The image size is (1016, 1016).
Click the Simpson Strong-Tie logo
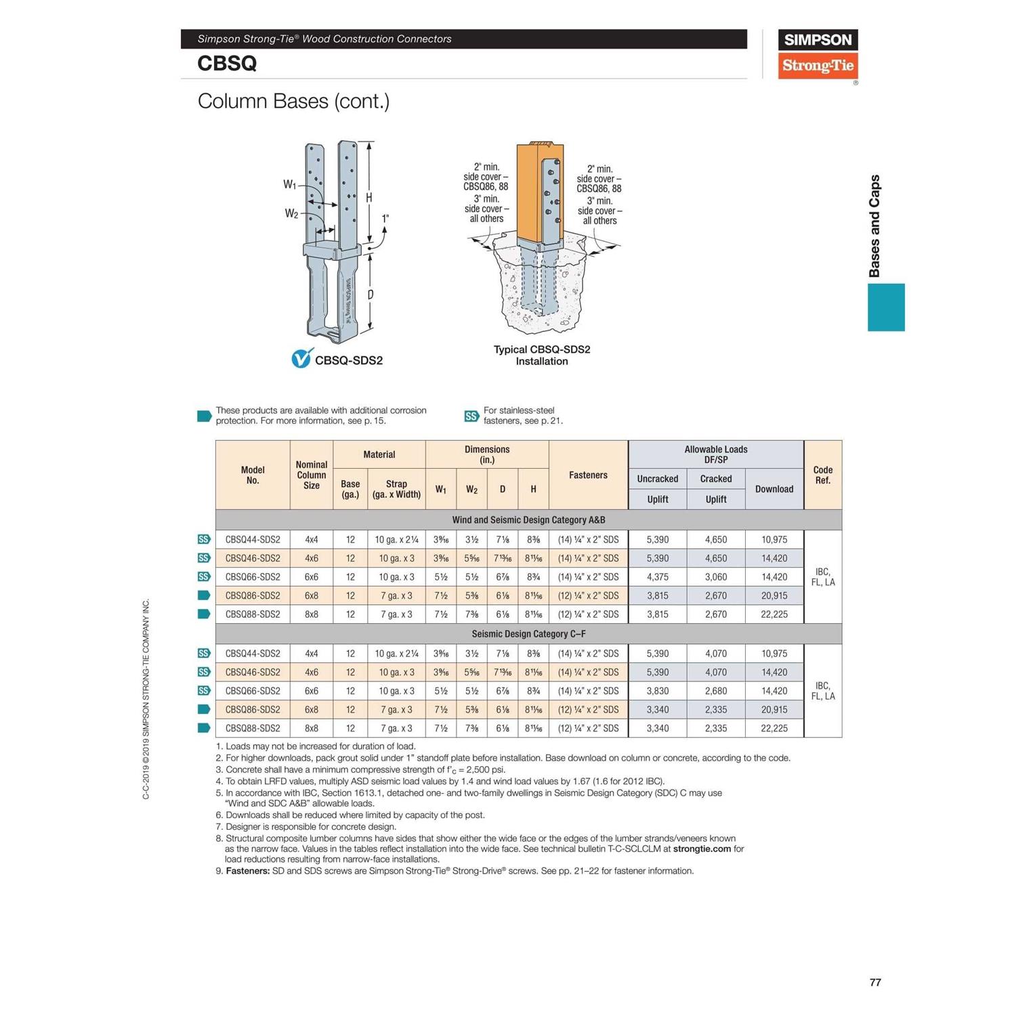pos(818,54)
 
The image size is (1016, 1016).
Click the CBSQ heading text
pos(227,64)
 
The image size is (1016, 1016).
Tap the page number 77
pos(875,982)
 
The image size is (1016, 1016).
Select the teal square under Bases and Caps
pos(886,308)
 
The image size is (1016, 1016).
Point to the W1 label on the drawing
pos(289,184)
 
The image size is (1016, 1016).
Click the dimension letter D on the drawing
pos(371,295)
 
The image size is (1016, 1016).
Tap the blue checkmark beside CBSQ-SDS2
pos(301,359)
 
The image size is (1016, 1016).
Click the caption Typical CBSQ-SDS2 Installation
pos(542,355)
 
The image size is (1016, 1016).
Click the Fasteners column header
pos(588,475)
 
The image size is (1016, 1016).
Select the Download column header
pos(774,489)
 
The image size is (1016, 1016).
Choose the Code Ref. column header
pos(822,475)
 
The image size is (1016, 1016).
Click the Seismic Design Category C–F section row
pos(528,634)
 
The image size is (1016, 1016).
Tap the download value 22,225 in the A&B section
pos(774,614)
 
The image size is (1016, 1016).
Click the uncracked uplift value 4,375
pos(657,577)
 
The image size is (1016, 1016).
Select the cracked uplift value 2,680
pos(716,691)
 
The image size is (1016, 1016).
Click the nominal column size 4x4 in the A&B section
pos(312,540)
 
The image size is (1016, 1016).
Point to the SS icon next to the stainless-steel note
pos(471,416)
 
